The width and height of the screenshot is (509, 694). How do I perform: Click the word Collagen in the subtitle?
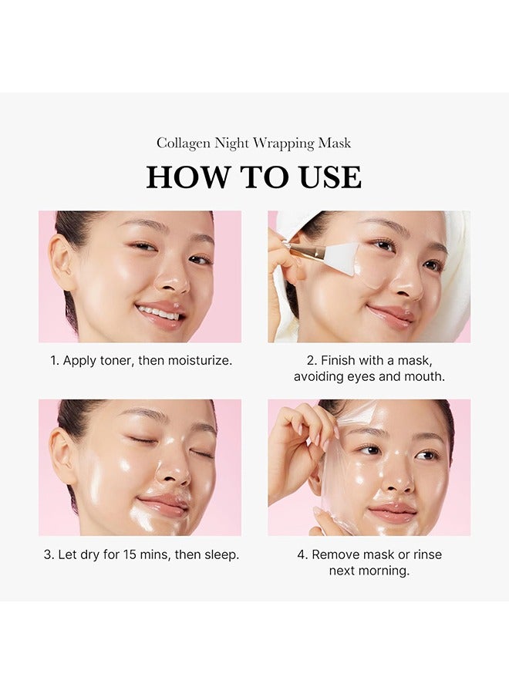tap(183, 143)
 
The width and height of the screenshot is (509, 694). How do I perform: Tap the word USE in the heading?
tap(329, 177)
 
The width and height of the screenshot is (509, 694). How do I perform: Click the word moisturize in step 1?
tap(199, 360)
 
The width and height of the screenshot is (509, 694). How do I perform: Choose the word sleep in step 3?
tap(220, 554)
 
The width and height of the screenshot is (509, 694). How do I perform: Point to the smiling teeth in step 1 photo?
tap(158, 312)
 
